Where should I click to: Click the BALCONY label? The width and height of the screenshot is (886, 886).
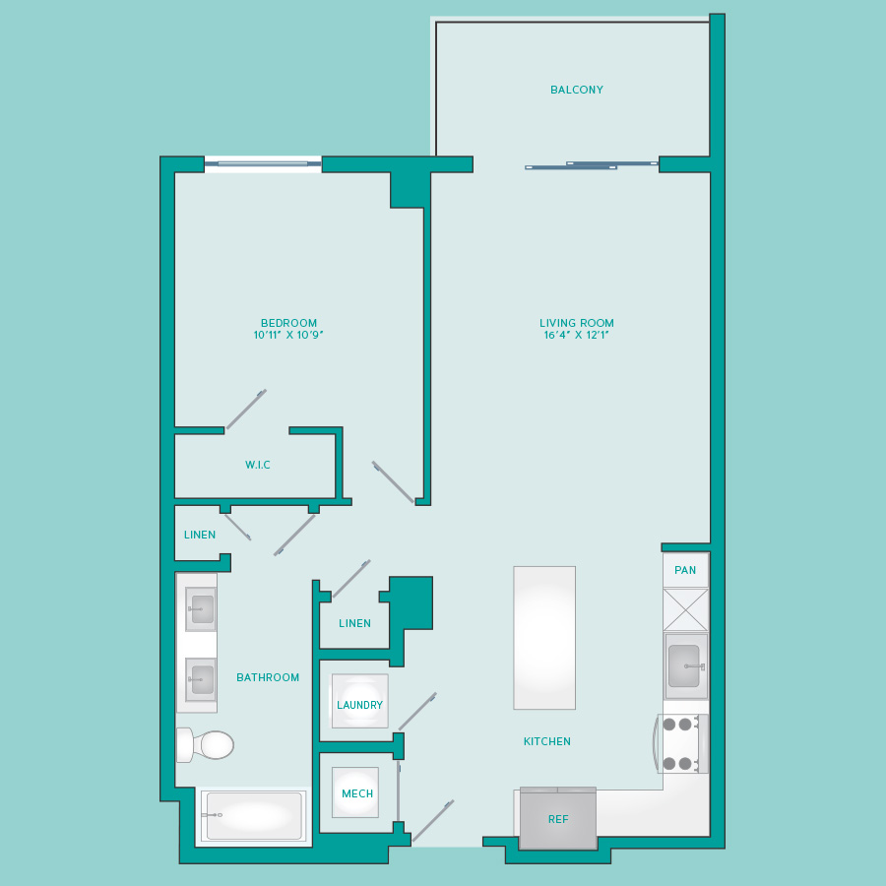point(576,90)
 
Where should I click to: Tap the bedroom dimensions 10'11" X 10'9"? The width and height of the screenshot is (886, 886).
point(288,335)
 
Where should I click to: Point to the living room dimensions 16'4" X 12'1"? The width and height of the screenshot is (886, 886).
point(576,335)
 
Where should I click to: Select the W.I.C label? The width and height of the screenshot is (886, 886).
point(258,465)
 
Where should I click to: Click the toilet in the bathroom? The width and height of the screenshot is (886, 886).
point(206,745)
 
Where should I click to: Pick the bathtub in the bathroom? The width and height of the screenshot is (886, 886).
point(254,815)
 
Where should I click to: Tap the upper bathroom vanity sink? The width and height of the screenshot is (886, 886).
point(201,608)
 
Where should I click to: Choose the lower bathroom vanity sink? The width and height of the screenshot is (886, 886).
point(201,679)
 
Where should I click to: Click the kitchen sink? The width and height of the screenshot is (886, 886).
point(686,666)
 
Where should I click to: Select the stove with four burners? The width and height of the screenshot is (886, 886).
point(681,743)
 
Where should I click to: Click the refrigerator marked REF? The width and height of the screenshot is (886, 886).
point(558,818)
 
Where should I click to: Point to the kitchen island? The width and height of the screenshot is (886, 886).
point(544,638)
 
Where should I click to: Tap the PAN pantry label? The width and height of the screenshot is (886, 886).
point(685,570)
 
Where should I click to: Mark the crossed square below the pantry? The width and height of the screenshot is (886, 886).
point(685,609)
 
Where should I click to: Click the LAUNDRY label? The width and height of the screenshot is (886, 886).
point(359,705)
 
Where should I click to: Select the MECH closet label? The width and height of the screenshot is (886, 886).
point(357,793)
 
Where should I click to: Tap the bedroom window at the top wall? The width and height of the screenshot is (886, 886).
point(263,163)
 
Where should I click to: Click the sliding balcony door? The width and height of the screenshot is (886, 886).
point(592,165)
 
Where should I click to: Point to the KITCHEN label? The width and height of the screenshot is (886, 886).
point(547,741)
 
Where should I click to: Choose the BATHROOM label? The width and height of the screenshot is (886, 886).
point(268,677)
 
